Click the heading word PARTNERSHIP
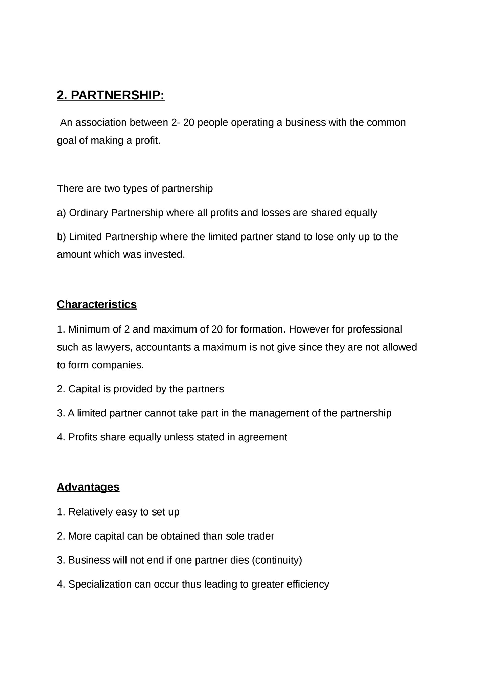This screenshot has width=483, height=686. (117, 96)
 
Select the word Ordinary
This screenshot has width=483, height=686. (89, 213)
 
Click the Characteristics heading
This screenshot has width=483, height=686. (97, 304)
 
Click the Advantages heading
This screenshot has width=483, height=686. (88, 487)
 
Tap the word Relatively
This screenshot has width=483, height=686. (90, 512)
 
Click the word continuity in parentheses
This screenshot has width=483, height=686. (277, 560)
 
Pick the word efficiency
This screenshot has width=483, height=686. (307, 584)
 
